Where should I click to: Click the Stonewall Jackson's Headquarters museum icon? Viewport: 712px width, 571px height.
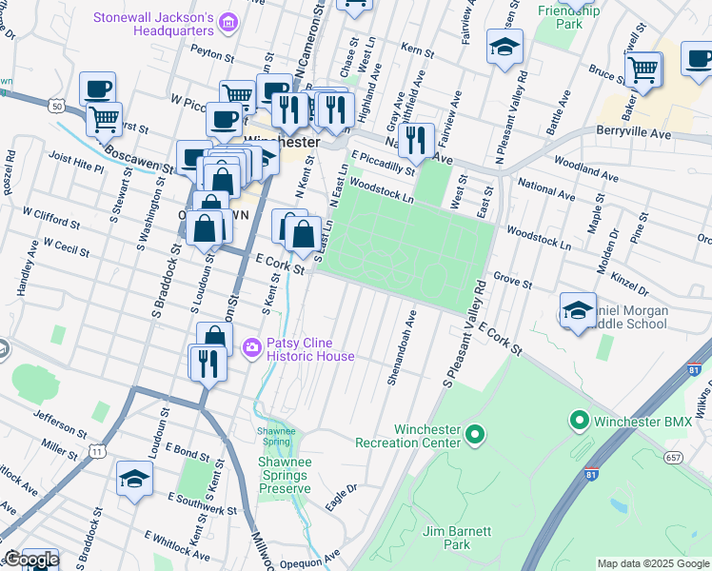(x=227, y=21)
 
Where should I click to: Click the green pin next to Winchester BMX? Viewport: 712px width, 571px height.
(x=578, y=420)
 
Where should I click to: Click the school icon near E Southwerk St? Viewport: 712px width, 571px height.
(x=134, y=479)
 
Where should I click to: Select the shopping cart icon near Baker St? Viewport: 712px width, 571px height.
(x=643, y=69)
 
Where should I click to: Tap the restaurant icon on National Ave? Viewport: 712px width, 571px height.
(x=416, y=141)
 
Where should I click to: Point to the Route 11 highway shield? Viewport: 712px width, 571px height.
(x=98, y=451)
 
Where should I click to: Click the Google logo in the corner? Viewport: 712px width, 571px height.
(x=30, y=561)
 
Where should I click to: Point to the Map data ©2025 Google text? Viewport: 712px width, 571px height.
(x=652, y=563)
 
